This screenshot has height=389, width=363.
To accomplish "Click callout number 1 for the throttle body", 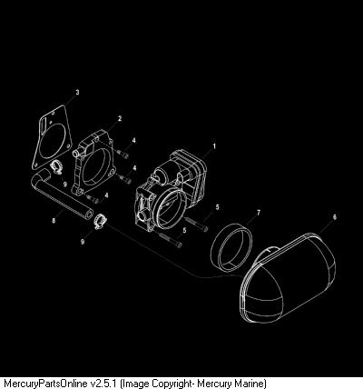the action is (214, 146).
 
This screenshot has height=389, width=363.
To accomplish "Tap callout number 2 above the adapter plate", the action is (120, 118).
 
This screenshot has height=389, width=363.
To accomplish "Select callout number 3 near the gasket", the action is (77, 92).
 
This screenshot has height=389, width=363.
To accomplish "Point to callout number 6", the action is (334, 217).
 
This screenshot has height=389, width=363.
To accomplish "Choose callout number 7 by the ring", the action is (258, 213).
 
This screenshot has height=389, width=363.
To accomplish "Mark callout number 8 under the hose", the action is (54, 221).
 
